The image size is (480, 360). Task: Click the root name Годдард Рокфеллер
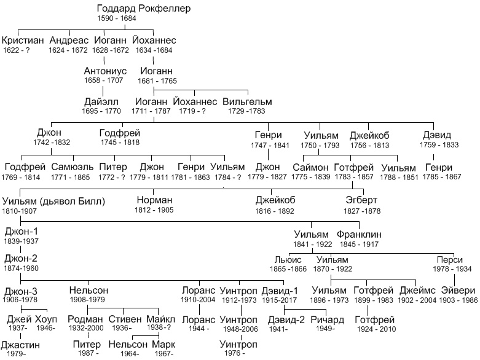tap(144, 8)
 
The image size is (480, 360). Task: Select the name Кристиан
tap(23, 40)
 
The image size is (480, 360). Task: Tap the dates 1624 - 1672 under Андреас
tap(68, 50)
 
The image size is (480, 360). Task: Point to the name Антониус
tap(105, 71)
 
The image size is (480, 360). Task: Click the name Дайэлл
tap(101, 101)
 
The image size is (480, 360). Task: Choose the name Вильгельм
tap(247, 101)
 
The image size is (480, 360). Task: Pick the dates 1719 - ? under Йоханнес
tap(192, 111)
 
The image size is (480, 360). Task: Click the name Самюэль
tap(73, 167)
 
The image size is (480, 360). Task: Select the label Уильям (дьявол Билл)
tap(53, 202)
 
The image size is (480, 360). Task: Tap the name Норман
tap(154, 200)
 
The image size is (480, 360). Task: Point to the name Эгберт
tap(361, 200)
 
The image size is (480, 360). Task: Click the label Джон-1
tap(21, 232)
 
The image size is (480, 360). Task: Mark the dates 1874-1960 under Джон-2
tap(21, 268)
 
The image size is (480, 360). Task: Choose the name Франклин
tap(359, 235)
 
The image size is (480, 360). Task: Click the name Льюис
tap(288, 260)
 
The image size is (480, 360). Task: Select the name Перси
tap(449, 260)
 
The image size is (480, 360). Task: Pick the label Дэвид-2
tap(286, 320)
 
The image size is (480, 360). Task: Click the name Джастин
tap(20, 345)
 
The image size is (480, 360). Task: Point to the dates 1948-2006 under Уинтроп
tap(240, 329)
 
